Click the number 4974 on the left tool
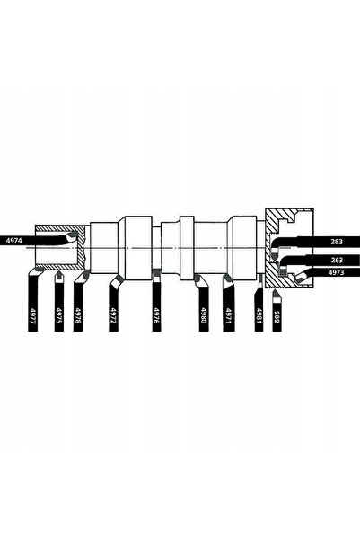click(13, 241)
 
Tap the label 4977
click(32, 315)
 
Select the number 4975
click(59, 315)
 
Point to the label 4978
click(78, 315)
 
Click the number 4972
click(113, 315)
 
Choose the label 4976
click(156, 315)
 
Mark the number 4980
click(204, 315)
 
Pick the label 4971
click(229, 315)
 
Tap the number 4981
click(259, 315)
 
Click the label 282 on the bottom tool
click(277, 316)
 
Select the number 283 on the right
click(337, 242)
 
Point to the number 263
click(337, 260)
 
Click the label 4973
click(337, 272)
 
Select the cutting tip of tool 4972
click(119, 277)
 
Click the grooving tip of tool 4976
click(156, 270)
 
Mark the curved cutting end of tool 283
click(275, 256)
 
